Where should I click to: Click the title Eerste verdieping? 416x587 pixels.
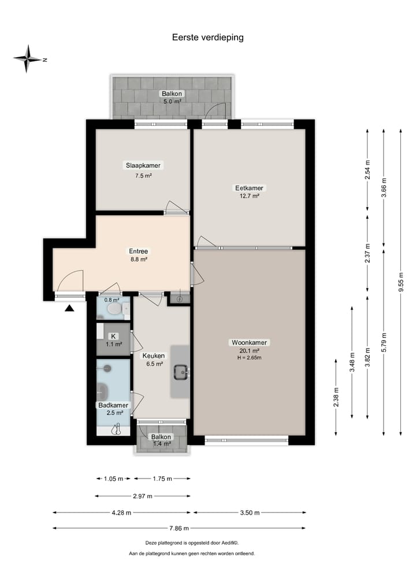[x=207, y=38]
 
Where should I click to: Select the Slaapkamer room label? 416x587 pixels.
[x=143, y=165]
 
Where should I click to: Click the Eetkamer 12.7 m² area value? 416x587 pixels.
[x=249, y=196]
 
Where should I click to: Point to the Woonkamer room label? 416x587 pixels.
[x=249, y=342]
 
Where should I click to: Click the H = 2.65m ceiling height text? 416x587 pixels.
[x=249, y=358]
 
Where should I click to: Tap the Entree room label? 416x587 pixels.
[x=138, y=251]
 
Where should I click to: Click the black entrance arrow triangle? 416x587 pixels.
[x=69, y=309]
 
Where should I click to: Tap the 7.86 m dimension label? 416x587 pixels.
[x=178, y=528]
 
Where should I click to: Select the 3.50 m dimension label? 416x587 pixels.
[x=249, y=513]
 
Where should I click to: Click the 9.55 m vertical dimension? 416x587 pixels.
[x=400, y=283]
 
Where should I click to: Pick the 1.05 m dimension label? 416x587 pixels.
[x=113, y=478]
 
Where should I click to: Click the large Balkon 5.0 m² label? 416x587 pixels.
[x=171, y=94]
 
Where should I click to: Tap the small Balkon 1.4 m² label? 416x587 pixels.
[x=161, y=437]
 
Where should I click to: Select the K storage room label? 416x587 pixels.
[x=113, y=336]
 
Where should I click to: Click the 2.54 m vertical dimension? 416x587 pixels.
[x=367, y=170]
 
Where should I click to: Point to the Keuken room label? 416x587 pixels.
[x=154, y=356]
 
